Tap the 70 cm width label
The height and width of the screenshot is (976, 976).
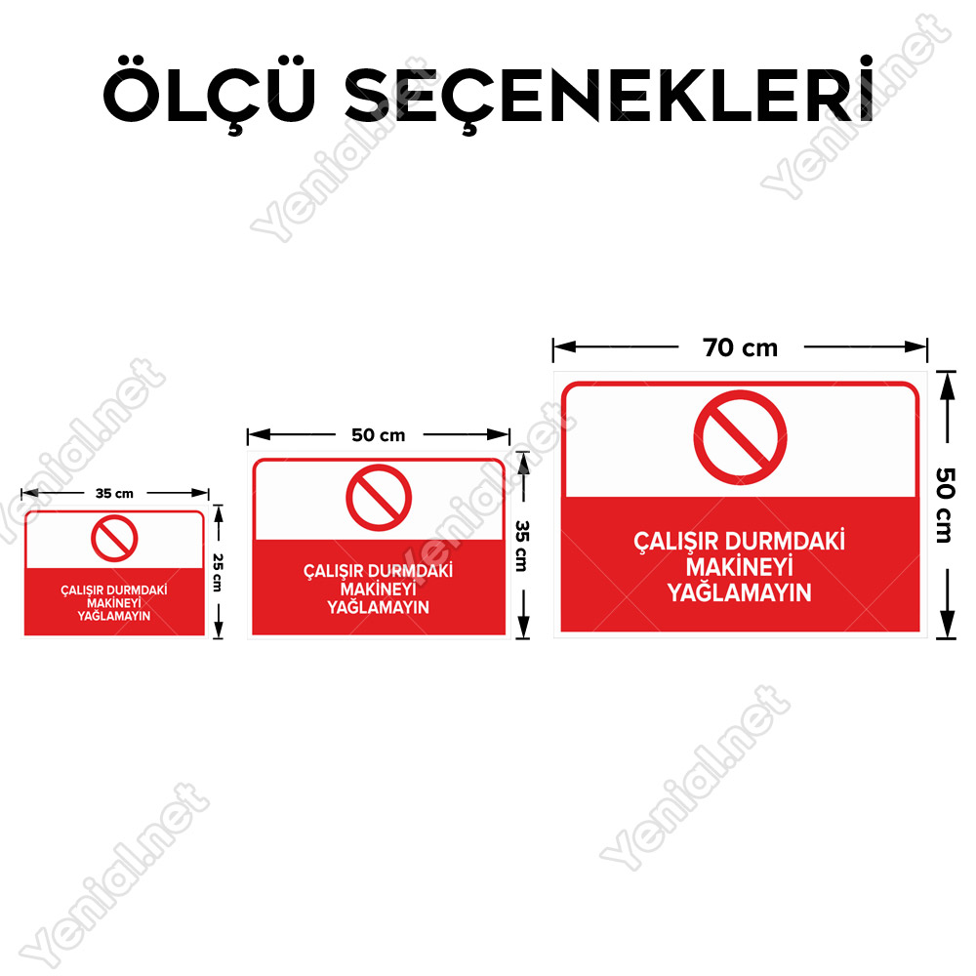740,348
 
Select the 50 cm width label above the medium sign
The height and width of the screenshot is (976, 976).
379,435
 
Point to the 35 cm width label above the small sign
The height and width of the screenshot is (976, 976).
114,494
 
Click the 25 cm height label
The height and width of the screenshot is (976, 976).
218,573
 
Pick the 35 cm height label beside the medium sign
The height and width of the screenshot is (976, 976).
522,546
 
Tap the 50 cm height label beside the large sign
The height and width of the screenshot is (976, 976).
945,506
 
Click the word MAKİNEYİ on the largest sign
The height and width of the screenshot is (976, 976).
740,567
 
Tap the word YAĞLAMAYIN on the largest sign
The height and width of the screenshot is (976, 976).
740,592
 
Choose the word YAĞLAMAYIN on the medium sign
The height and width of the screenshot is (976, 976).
379,607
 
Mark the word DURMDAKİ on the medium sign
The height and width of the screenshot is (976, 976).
418,571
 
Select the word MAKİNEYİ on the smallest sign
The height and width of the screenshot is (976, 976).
114,603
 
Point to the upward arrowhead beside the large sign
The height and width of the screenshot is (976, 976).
947,386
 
